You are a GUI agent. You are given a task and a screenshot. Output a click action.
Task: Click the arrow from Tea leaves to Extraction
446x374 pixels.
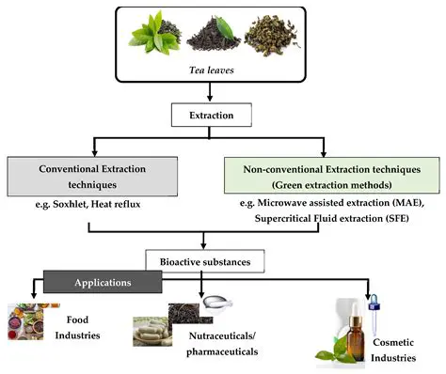224,96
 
